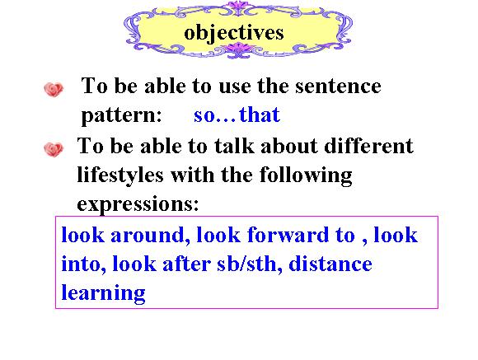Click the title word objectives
click(x=234, y=33)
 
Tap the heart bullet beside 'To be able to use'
click(x=54, y=89)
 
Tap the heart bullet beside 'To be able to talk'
click(x=54, y=149)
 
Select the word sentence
click(x=338, y=86)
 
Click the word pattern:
click(x=122, y=116)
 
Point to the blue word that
click(x=260, y=115)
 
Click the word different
click(x=369, y=146)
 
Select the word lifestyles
click(x=120, y=176)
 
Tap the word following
click(x=306, y=176)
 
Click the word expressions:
click(x=138, y=204)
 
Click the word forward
click(x=288, y=235)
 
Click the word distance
click(x=330, y=264)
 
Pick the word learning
click(x=103, y=293)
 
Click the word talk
click(x=234, y=146)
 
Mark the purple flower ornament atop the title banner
click(x=239, y=7)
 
